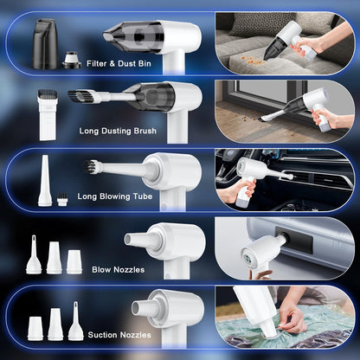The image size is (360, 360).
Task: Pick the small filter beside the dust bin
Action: click(71, 58)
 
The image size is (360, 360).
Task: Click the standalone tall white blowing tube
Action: click(44, 179)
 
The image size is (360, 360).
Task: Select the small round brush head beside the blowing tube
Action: click(62, 200)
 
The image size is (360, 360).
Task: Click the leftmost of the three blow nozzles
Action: click(34, 257)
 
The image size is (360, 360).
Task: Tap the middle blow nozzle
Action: click(54, 258)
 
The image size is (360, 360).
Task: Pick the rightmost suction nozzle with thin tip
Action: click(76, 323)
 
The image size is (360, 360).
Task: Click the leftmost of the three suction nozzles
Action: click(35, 327)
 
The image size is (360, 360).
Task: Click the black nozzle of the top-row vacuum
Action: click(126, 35)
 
